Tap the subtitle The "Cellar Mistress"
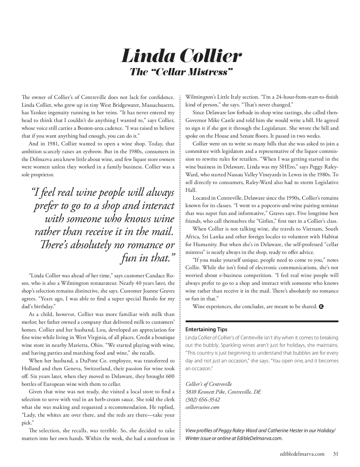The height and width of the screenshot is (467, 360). pyautogui.click(x=181, y=72)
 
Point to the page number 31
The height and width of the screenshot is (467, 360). pyautogui.click(x=336, y=454)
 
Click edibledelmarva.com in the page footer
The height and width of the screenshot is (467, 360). pyautogui.click(x=301, y=454)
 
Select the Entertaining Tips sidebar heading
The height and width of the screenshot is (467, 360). pyautogui.click(x=206, y=329)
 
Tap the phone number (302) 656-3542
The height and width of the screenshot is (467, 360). pyautogui.click(x=202, y=400)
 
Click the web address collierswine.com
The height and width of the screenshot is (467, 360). pyautogui.click(x=202, y=407)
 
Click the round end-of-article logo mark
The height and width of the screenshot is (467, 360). pyautogui.click(x=321, y=307)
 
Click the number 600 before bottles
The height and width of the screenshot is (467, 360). pyautogui.click(x=169, y=376)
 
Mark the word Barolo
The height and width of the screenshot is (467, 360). pyautogui.click(x=152, y=299)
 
